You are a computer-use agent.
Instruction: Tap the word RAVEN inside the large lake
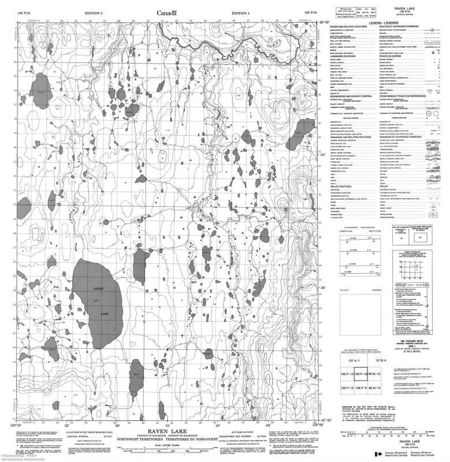(98, 288)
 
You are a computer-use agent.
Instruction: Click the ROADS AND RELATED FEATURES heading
(350, 27)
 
